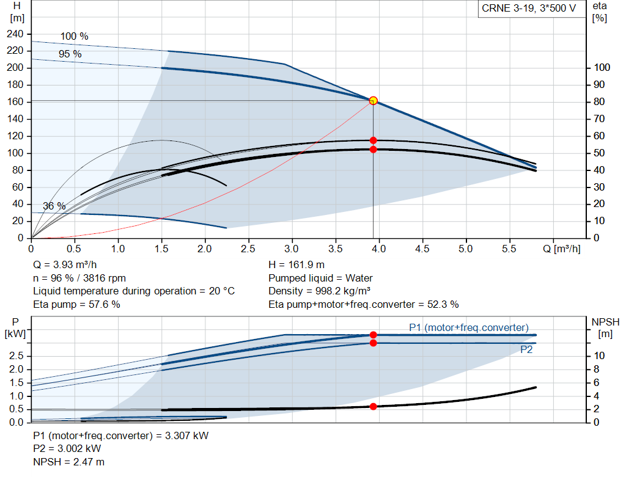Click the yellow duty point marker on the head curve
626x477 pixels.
(373, 101)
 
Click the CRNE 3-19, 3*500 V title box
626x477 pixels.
(529, 9)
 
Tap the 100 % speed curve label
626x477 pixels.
(74, 37)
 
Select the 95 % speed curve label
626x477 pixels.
(70, 54)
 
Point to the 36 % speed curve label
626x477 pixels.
(54, 206)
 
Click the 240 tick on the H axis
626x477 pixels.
(15, 34)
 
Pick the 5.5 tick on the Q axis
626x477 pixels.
(509, 249)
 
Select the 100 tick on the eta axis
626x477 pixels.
(602, 68)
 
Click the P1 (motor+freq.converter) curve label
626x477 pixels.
(468, 327)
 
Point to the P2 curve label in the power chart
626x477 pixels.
(526, 350)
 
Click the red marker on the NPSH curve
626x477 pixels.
(373, 406)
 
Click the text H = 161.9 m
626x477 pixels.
(298, 265)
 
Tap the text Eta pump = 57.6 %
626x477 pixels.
(76, 304)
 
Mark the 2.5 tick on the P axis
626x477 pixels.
(17, 355)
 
